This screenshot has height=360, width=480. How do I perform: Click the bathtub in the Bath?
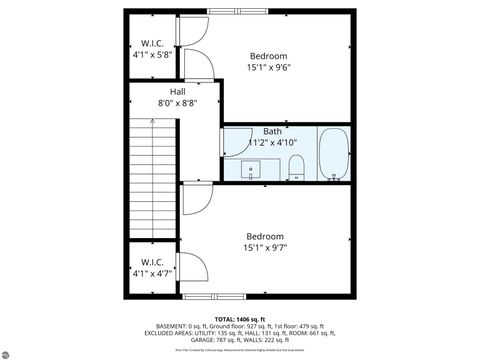tap(333, 155)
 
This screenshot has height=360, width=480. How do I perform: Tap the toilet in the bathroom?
tap(296, 168)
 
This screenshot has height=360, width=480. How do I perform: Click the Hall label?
tap(177, 92)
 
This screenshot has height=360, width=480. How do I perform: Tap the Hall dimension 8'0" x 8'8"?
tap(177, 103)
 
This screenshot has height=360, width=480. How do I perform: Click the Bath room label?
tap(272, 131)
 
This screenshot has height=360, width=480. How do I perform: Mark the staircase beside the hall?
tap(152, 175)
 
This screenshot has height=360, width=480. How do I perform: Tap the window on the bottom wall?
tap(214, 297)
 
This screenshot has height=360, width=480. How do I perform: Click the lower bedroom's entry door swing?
tap(193, 200)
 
